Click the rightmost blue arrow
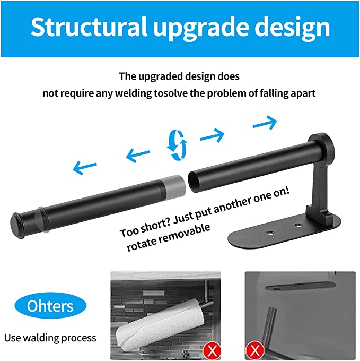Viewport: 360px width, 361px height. tap(265, 123)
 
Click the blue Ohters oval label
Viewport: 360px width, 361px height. tap(51, 306)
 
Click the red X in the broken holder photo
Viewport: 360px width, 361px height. tap(254, 350)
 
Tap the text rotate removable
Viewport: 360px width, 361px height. tap(169, 236)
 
